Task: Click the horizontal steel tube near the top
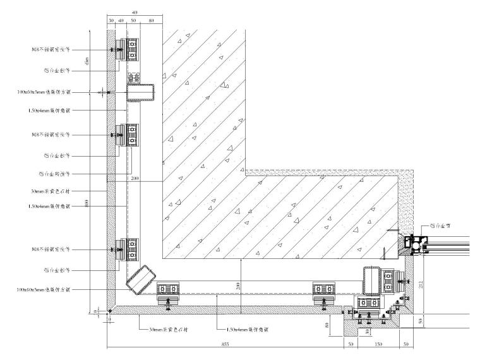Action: coord(140,93)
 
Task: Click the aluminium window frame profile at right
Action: coord(415,244)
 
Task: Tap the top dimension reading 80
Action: coord(150,20)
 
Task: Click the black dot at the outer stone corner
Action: coord(109,311)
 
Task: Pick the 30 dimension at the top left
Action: coord(111,20)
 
